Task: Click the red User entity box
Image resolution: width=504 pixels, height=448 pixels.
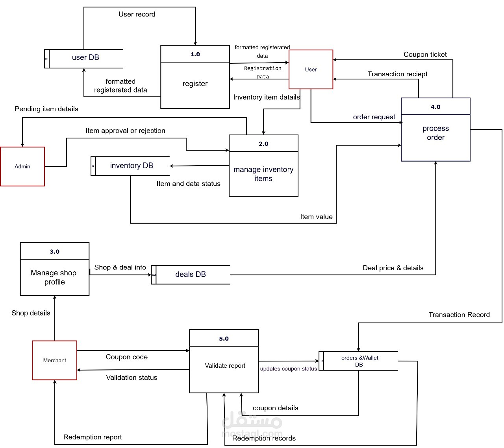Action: (x=311, y=70)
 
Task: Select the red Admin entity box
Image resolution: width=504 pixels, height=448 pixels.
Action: (x=22, y=166)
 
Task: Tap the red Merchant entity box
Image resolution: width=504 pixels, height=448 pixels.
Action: (x=55, y=360)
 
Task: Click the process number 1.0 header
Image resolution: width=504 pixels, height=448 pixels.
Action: (x=195, y=54)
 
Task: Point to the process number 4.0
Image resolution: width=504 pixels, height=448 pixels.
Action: (x=435, y=107)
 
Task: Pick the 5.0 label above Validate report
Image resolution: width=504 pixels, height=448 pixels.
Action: (x=224, y=339)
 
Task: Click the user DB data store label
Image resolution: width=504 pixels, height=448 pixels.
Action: (x=85, y=57)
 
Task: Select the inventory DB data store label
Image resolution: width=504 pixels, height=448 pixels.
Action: (x=132, y=166)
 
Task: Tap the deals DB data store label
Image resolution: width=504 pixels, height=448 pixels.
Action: (x=191, y=275)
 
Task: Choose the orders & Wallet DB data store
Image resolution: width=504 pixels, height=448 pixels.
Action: (x=359, y=361)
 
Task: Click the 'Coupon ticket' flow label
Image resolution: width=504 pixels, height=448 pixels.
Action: (x=425, y=55)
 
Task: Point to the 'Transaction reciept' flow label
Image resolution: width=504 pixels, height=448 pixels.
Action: (x=397, y=74)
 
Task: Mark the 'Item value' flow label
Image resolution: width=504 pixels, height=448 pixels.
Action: (x=316, y=217)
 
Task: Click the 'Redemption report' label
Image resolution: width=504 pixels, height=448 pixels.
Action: (x=93, y=437)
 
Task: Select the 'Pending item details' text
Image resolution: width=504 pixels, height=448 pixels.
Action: (x=46, y=109)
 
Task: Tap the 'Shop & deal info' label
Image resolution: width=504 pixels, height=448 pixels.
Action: (x=120, y=267)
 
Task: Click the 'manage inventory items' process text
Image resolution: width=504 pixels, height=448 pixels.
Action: (x=263, y=174)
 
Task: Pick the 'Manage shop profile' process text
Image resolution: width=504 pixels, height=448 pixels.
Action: (x=54, y=277)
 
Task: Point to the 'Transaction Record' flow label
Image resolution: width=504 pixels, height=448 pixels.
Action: (x=459, y=315)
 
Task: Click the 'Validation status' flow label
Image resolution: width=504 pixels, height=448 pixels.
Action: (x=132, y=378)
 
